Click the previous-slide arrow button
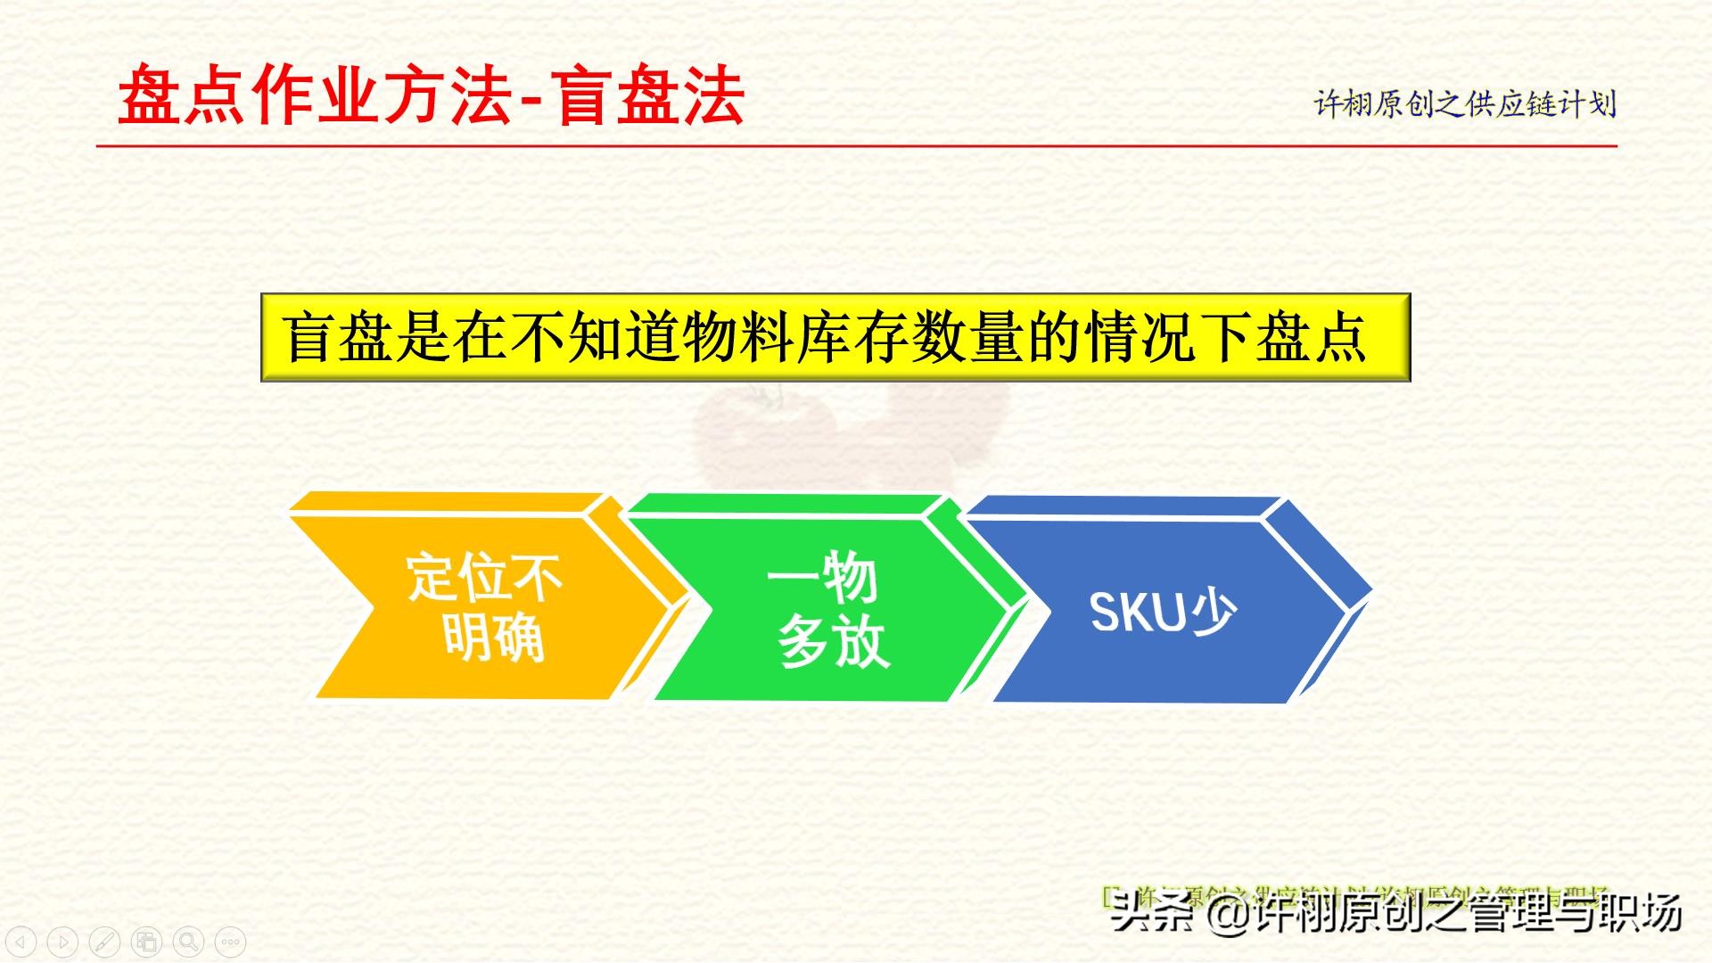(x=21, y=941)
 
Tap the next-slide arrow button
(x=62, y=941)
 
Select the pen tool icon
(x=104, y=941)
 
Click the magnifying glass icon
(x=188, y=941)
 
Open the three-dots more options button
(x=230, y=941)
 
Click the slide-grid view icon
(x=146, y=941)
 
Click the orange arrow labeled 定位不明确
(x=481, y=606)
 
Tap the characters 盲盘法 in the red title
(x=651, y=95)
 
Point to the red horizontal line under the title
(x=856, y=145)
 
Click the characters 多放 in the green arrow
(x=834, y=642)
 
